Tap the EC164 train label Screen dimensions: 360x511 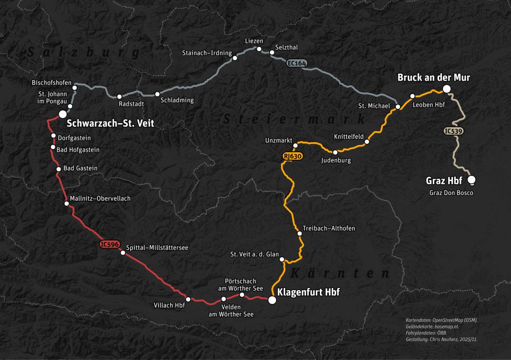point(296,63)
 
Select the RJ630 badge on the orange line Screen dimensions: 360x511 point(289,156)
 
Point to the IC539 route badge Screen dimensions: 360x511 point(453,131)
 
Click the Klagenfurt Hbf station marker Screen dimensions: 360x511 point(272,300)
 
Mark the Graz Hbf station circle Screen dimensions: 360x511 point(471,179)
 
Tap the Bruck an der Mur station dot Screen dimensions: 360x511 point(447,89)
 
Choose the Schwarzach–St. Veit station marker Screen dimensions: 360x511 point(62,114)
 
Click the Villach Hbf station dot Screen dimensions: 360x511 point(188,299)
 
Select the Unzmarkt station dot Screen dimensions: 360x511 point(295,146)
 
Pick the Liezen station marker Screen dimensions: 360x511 point(259,49)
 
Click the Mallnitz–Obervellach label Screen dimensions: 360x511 point(100,198)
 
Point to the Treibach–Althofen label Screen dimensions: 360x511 point(329,228)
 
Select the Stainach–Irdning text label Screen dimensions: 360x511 point(207,53)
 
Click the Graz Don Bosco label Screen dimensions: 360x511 point(451,193)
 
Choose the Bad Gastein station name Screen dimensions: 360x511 point(80,168)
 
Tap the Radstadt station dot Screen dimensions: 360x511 point(120,97)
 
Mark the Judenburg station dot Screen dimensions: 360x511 point(335,152)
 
